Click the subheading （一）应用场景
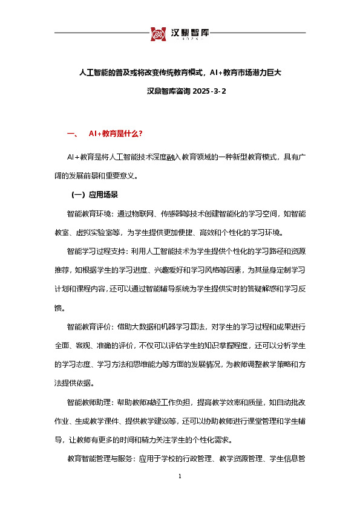(94, 195)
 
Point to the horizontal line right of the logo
(260, 33)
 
